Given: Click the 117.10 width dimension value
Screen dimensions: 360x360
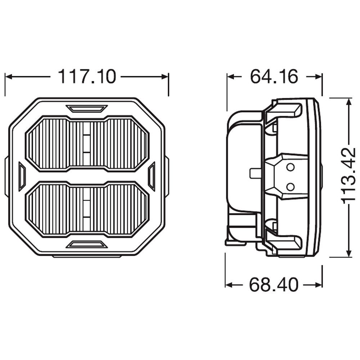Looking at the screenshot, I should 87,77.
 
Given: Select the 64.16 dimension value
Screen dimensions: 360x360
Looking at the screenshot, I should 274,77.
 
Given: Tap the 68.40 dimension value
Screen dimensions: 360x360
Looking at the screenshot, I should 274,285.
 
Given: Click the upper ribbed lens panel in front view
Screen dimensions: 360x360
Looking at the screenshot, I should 87,143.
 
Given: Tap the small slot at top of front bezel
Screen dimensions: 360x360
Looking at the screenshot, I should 87,108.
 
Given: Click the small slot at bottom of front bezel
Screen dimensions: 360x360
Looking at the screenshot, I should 87,244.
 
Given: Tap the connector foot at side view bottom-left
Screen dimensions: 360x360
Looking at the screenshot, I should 236,242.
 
